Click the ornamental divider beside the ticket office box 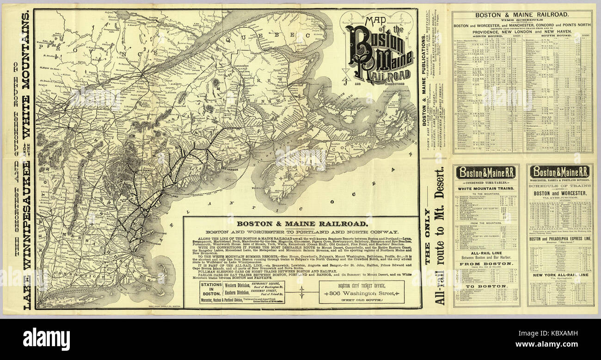coord(302,292)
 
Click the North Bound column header coord(483,36)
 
